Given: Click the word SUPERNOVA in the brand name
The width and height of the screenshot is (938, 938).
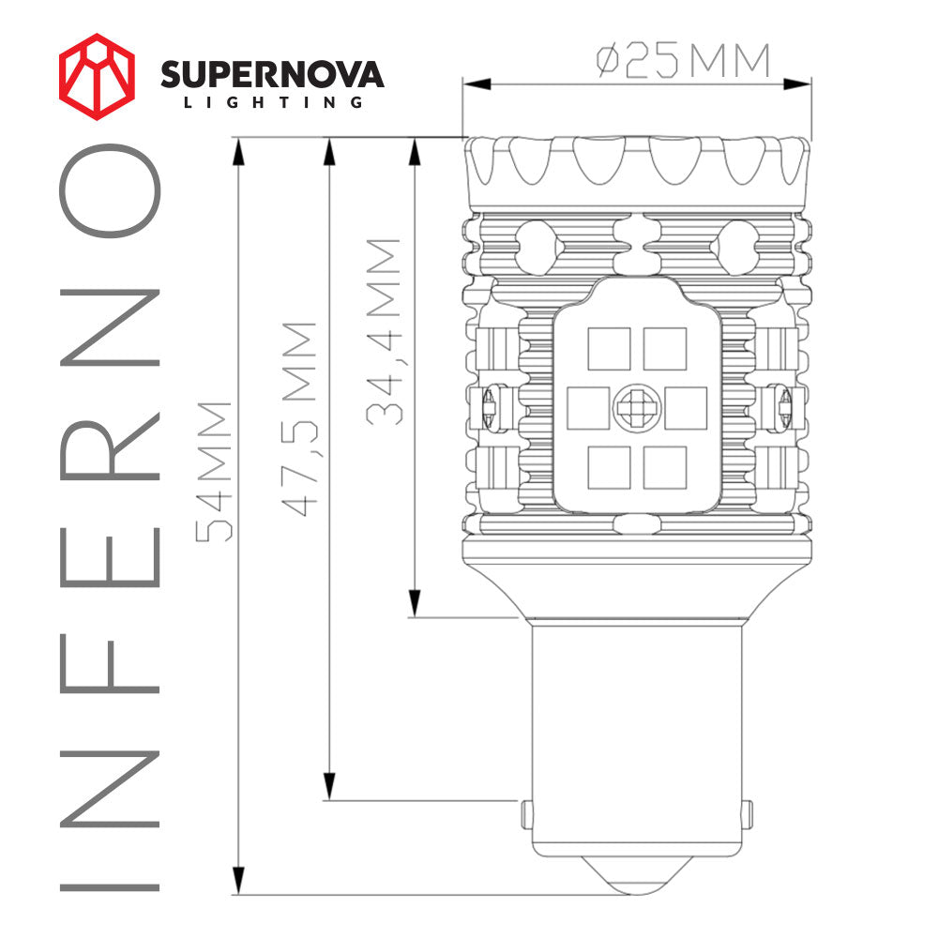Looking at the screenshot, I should [x=272, y=75].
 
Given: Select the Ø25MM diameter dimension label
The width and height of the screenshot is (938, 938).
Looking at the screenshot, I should [x=683, y=62].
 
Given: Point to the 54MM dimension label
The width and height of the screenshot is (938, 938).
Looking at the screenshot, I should [x=214, y=471].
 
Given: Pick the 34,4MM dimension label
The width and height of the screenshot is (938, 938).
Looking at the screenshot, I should [x=385, y=331].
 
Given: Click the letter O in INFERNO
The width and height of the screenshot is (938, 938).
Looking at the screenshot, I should [x=111, y=190].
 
